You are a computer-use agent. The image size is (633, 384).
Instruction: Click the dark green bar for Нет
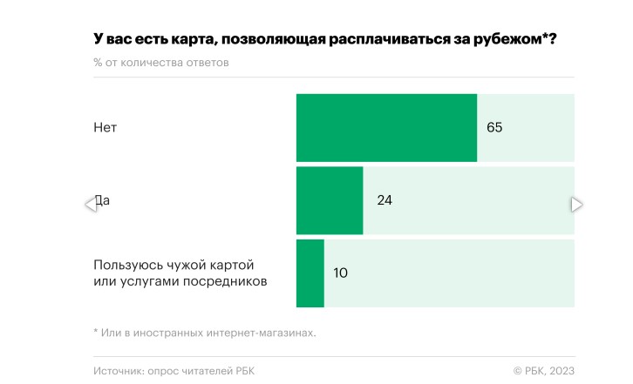pyautogui.click(x=386, y=128)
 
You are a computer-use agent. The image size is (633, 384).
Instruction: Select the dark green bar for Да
pyautogui.click(x=330, y=200)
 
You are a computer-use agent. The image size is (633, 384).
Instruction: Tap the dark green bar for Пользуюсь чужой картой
pyautogui.click(x=310, y=273)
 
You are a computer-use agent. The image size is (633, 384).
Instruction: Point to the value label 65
pyautogui.click(x=495, y=128)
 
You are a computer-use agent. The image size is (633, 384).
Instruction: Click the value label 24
pyautogui.click(x=385, y=200)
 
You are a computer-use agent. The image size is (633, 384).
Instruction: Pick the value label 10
pyautogui.click(x=341, y=273)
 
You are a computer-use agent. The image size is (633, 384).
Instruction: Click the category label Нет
pyautogui.click(x=105, y=128)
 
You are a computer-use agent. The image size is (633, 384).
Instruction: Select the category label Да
pyautogui.click(x=103, y=201)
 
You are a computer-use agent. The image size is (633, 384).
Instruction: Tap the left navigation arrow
pyautogui.click(x=90, y=205)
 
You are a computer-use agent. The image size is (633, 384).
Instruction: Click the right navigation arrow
pyautogui.click(x=576, y=205)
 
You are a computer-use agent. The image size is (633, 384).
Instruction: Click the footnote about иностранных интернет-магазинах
pyautogui.click(x=205, y=332)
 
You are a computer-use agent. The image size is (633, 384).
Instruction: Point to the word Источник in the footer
pyautogui.click(x=119, y=371)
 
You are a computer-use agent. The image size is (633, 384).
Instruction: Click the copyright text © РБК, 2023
pyautogui.click(x=543, y=371)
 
